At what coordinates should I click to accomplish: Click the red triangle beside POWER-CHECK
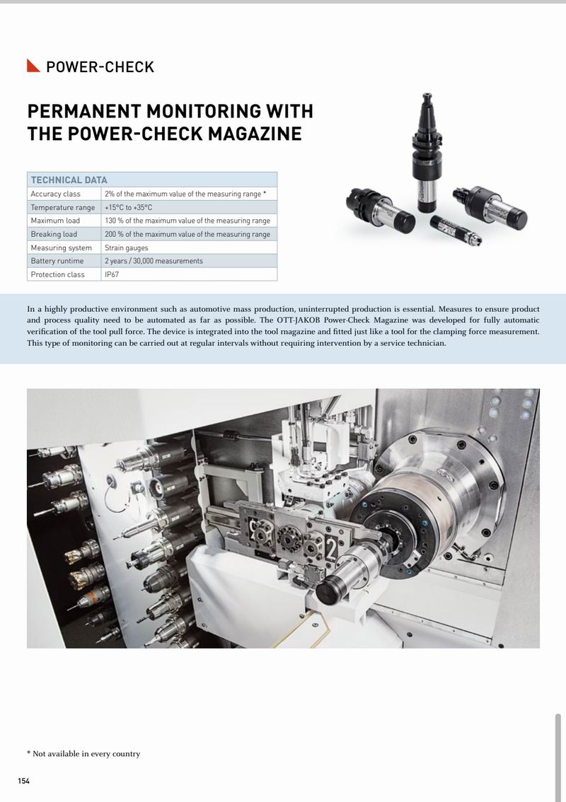(x=33, y=66)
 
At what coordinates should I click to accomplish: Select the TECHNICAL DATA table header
(x=69, y=180)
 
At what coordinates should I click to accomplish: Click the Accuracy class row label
(x=55, y=194)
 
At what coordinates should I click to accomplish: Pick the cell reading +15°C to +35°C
(x=128, y=207)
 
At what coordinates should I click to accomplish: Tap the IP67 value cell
(x=112, y=274)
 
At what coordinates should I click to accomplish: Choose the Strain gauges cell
(x=126, y=248)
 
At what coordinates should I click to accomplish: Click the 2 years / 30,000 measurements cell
(x=154, y=261)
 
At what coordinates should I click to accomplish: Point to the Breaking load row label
(x=54, y=234)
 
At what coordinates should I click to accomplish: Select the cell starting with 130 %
(x=187, y=221)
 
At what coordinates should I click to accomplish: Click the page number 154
(x=24, y=780)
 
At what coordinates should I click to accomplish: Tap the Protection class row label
(x=57, y=274)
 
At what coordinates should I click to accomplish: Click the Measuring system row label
(x=62, y=248)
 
